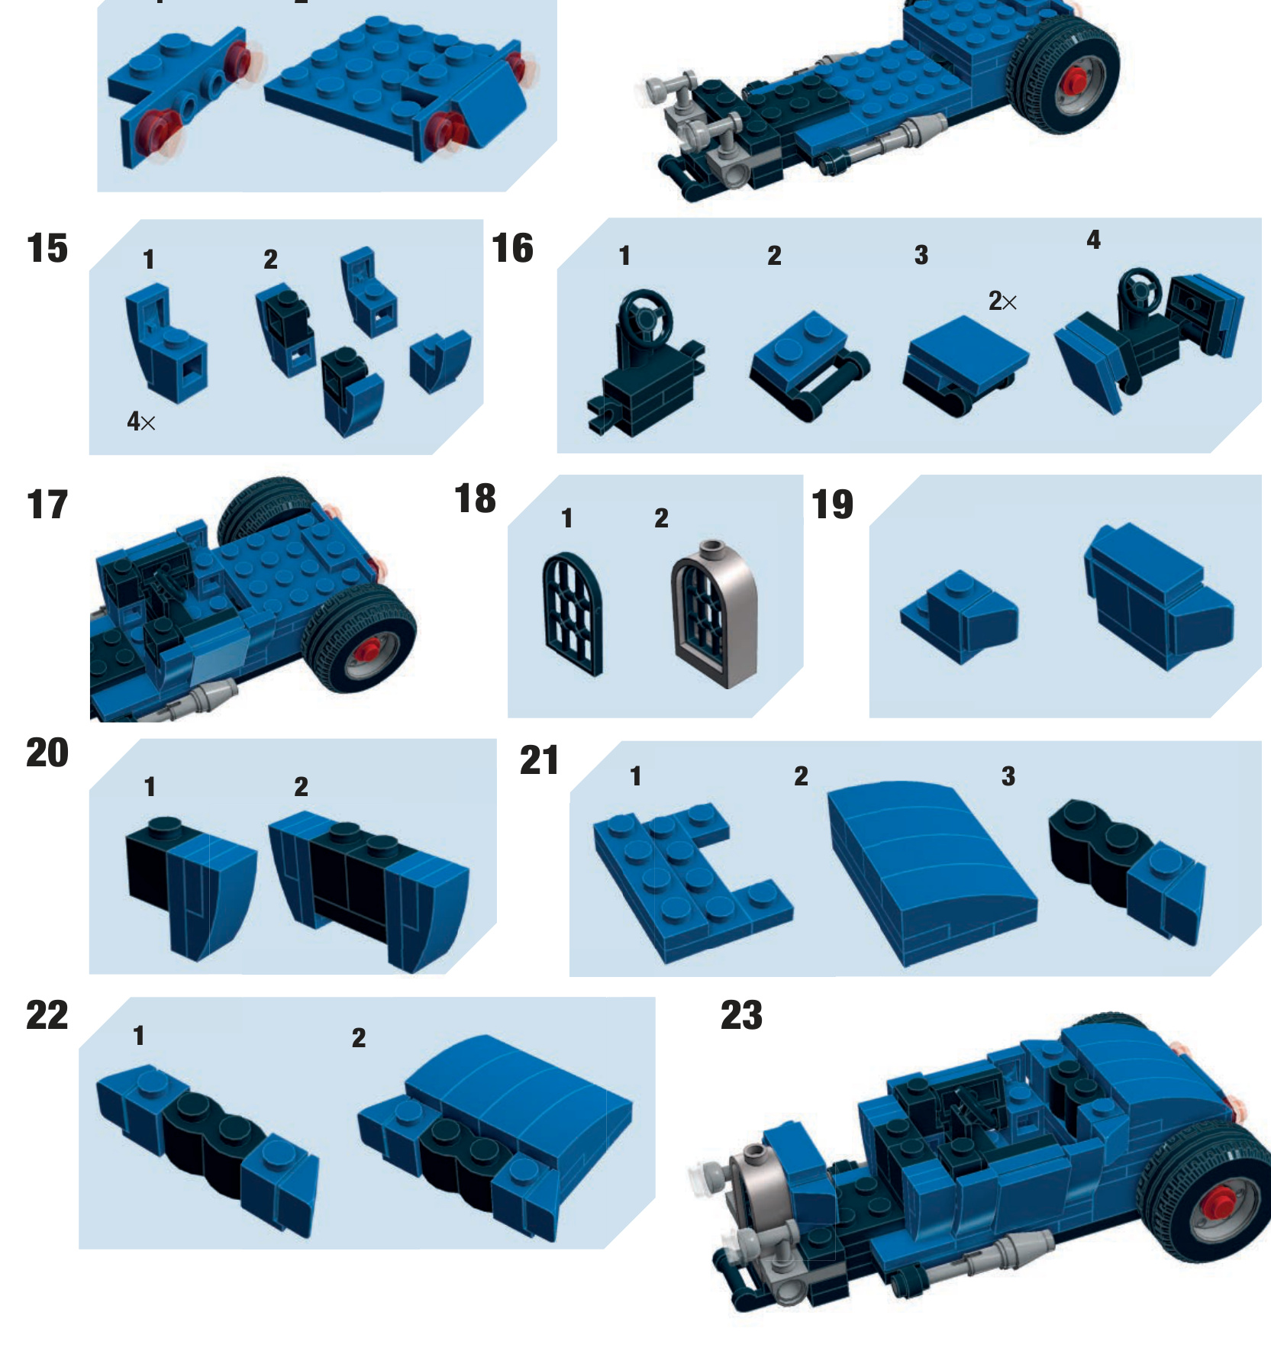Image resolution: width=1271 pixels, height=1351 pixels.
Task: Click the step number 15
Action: coord(47,249)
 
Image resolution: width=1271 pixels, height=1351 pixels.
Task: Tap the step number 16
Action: coord(512,249)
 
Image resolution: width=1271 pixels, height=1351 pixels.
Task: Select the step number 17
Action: coord(47,505)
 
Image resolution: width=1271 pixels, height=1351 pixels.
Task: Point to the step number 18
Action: coord(475,499)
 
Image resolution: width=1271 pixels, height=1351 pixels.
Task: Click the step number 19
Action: coord(832,505)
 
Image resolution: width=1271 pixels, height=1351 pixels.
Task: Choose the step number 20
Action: coord(47,753)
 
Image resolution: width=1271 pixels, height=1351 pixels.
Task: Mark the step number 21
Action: coord(539,761)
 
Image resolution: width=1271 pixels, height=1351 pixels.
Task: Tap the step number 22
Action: coord(47,1016)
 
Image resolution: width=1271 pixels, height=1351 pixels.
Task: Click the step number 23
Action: coord(741,1016)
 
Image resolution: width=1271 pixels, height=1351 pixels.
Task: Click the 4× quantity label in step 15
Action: coord(141,421)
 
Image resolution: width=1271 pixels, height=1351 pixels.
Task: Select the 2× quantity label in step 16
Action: coord(1002,301)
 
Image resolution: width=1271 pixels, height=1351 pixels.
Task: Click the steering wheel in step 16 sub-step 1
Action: coord(646,314)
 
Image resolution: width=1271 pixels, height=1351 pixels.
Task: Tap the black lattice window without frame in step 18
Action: coord(573,614)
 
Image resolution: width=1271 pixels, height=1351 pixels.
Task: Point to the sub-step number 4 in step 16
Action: coord(1093,240)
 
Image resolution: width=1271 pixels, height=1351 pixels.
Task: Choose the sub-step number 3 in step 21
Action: coord(1008,777)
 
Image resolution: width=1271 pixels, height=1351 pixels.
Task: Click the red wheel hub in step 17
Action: coord(368,650)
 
